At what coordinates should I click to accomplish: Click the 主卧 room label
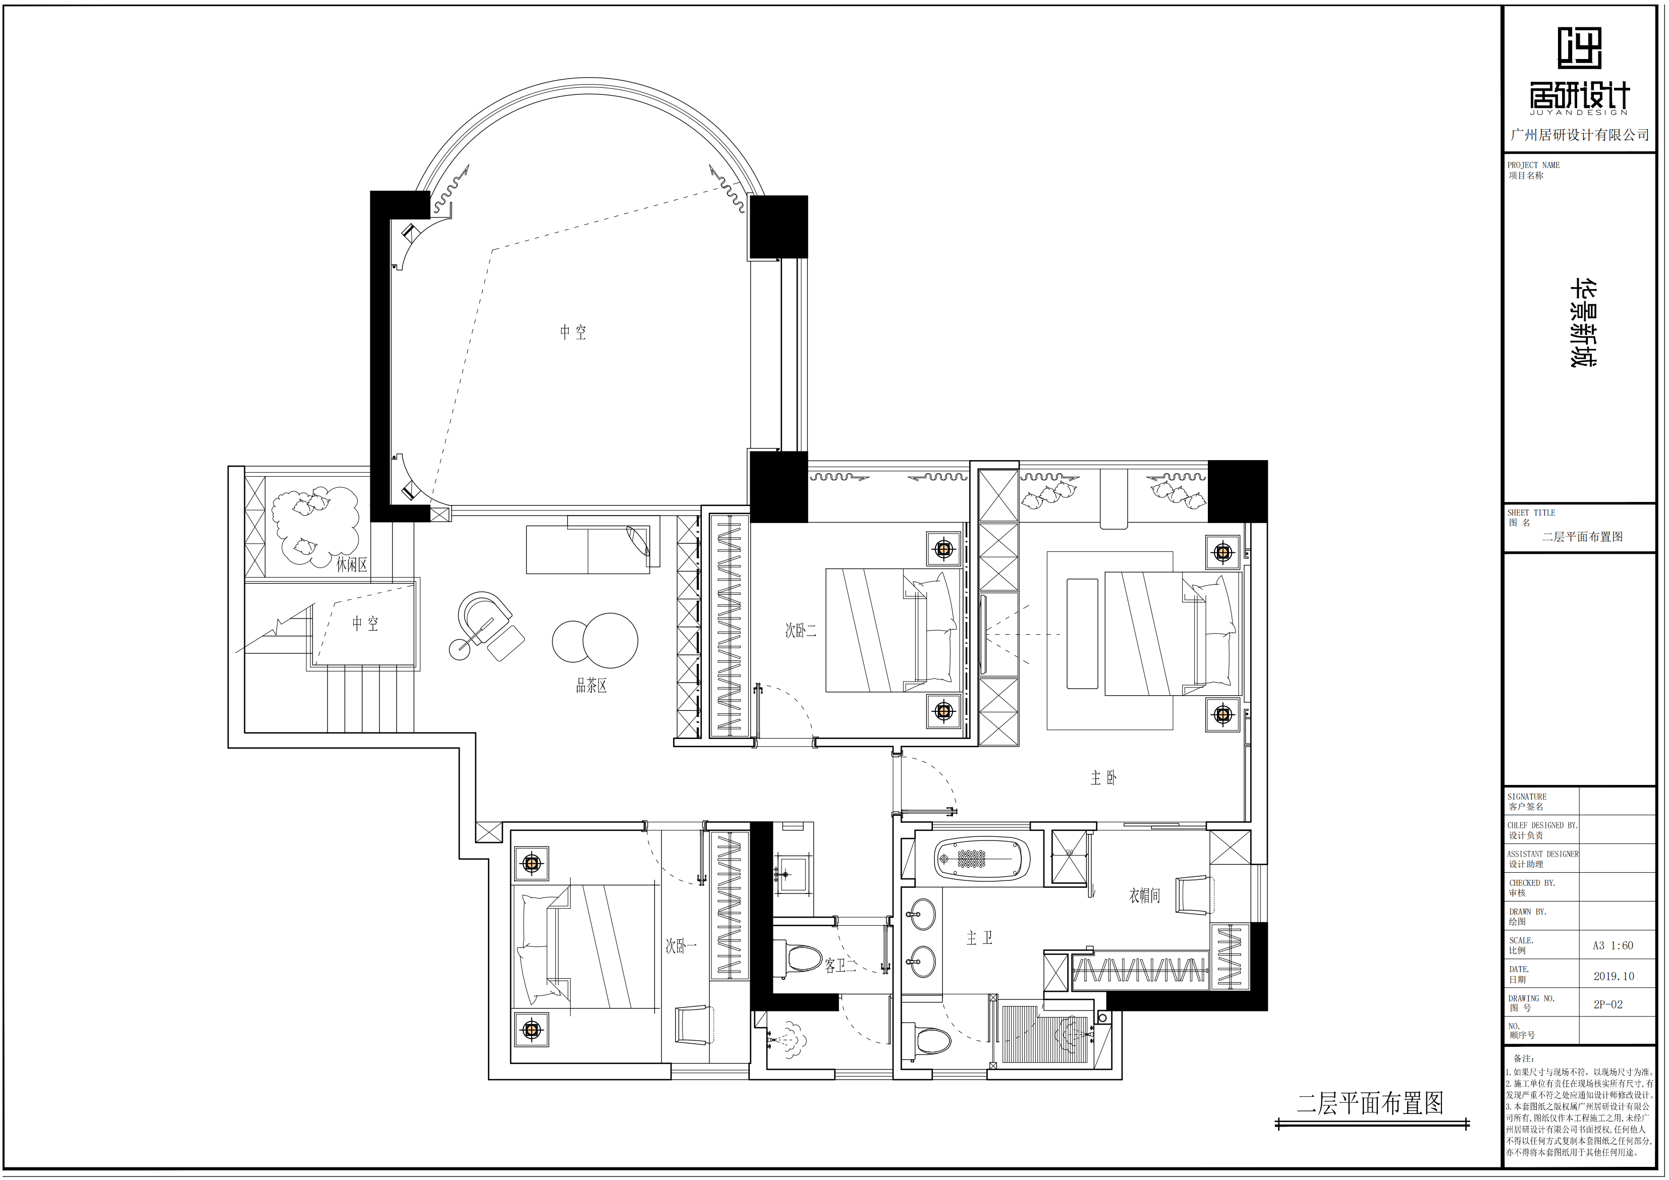[1103, 778]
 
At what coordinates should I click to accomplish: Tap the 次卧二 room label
[800, 631]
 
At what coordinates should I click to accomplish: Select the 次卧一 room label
[681, 946]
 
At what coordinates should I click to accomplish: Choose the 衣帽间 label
[1144, 896]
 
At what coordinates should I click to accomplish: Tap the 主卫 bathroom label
[979, 938]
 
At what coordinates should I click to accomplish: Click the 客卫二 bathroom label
[841, 966]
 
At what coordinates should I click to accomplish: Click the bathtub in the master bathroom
[982, 859]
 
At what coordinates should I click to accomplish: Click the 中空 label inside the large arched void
[573, 332]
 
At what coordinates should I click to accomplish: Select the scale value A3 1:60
[1613, 946]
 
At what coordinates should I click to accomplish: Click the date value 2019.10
[1614, 976]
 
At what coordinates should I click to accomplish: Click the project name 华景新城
[1583, 323]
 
